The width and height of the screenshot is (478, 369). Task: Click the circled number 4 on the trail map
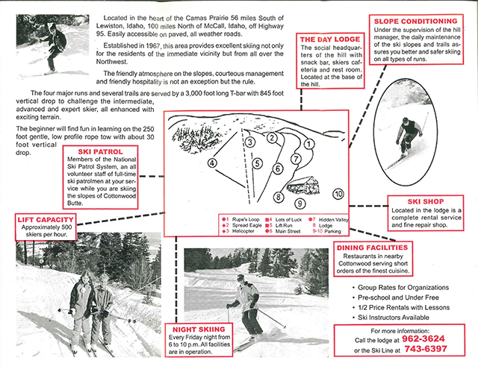pos(212,163)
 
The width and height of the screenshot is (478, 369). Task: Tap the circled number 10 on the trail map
pos(338,194)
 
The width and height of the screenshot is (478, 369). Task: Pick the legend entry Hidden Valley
pos(332,219)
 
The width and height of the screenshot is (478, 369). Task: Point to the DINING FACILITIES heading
pos(371,247)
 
